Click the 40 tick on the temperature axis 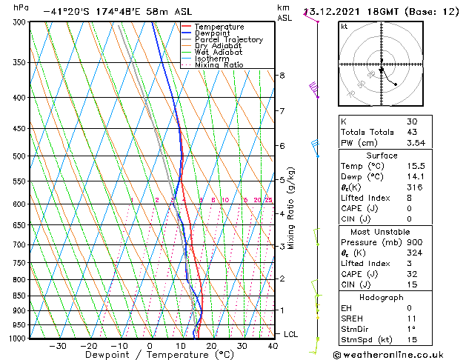273,346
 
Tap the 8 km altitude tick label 282,76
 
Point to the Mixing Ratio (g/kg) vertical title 292,208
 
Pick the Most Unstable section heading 382,231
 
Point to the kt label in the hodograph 344,27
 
